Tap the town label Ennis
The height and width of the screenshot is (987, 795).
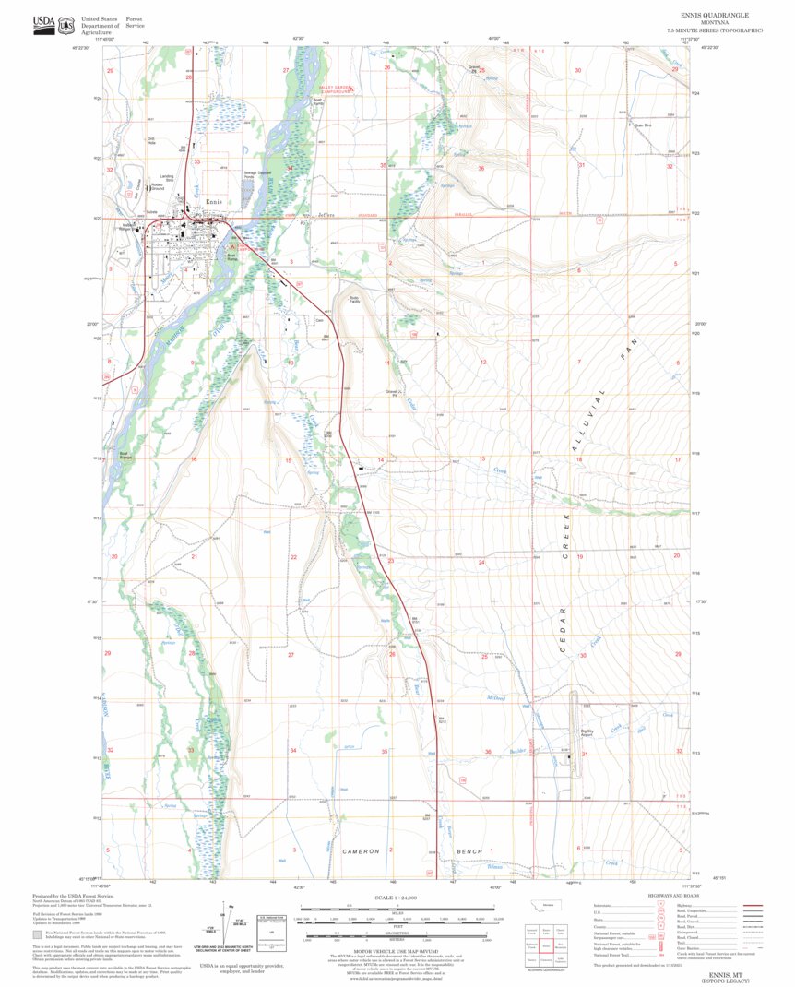tap(214, 202)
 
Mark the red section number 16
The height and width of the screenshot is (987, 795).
tap(193, 458)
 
